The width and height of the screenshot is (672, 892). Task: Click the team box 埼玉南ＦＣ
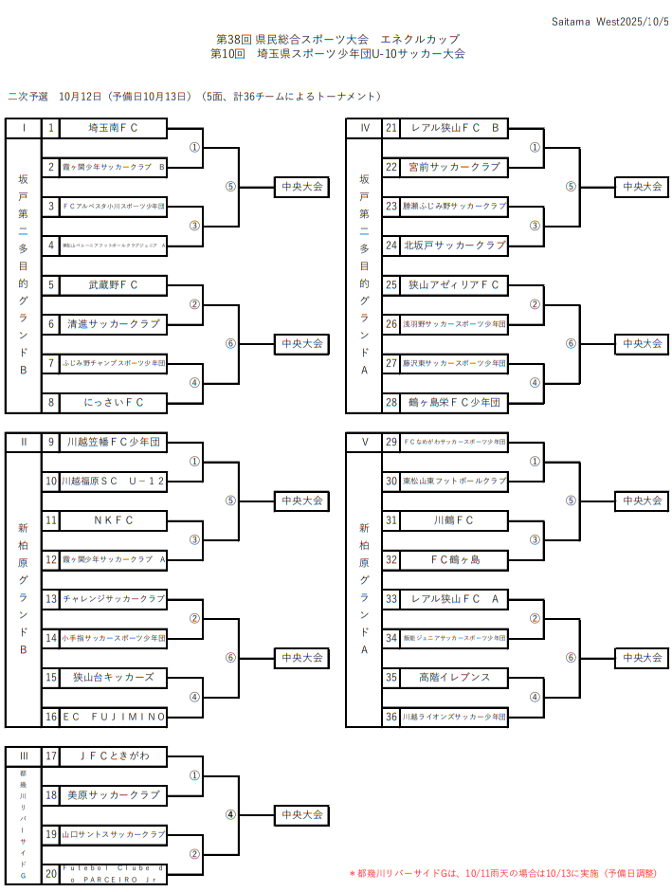pyautogui.click(x=114, y=128)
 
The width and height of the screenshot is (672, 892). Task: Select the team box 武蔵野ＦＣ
pyautogui.click(x=114, y=285)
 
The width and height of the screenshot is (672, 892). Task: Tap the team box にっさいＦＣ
pyautogui.click(x=114, y=403)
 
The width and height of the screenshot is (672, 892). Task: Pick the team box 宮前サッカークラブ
pyautogui.click(x=454, y=167)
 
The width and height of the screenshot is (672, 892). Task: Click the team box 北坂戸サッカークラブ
pyautogui.click(x=454, y=246)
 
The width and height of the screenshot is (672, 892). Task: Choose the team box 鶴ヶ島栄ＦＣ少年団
pyautogui.click(x=454, y=403)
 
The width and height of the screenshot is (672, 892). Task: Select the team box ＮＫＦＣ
pyautogui.click(x=114, y=520)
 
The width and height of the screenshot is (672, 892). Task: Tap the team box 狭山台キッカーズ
pyautogui.click(x=114, y=678)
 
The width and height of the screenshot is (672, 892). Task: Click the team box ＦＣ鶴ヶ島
pyautogui.click(x=454, y=560)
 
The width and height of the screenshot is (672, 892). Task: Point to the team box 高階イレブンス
pyautogui.click(x=454, y=678)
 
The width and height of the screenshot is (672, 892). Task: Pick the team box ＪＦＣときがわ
pyautogui.click(x=114, y=756)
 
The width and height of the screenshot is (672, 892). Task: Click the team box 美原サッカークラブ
pyautogui.click(x=114, y=795)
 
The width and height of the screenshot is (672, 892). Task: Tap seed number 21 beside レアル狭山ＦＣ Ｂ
pyautogui.click(x=391, y=128)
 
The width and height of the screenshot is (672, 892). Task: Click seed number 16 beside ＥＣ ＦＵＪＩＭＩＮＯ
pyautogui.click(x=51, y=717)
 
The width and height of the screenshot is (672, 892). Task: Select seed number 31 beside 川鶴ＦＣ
pyautogui.click(x=391, y=520)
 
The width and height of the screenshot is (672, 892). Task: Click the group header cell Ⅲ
pyautogui.click(x=24, y=756)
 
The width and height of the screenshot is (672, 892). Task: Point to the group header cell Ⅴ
pyautogui.click(x=364, y=442)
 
